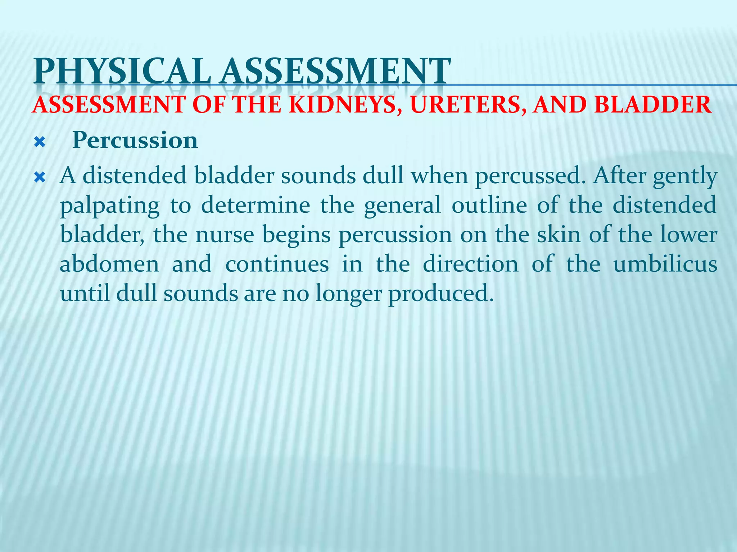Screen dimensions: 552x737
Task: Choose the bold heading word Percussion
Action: click(x=135, y=140)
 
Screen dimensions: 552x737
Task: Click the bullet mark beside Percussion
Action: click(x=39, y=143)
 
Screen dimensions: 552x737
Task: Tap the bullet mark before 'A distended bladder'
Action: click(x=39, y=177)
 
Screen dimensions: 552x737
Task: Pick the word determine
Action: click(x=255, y=205)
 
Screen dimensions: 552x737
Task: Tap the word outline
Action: click(x=489, y=205)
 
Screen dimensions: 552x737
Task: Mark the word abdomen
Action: click(x=109, y=264)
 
